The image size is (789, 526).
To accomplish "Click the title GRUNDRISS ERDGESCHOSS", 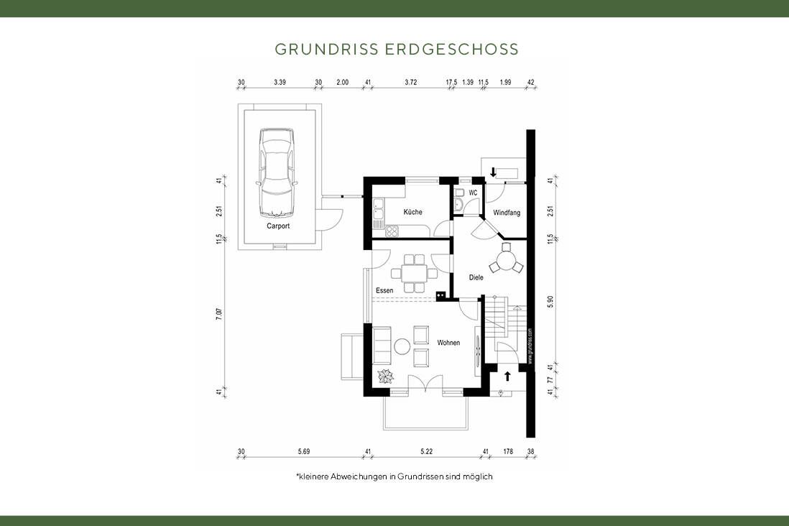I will (x=397, y=50).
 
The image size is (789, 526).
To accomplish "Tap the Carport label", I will (x=278, y=226).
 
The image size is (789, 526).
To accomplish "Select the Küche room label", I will (x=412, y=212).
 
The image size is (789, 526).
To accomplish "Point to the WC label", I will (x=473, y=193).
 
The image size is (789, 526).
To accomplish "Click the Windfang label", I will (x=507, y=213).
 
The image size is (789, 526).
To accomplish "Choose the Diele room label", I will (x=476, y=277).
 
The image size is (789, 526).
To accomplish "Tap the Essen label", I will (x=384, y=290).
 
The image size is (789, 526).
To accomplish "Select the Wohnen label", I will (x=448, y=343).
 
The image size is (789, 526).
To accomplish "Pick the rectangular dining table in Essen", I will (x=413, y=273).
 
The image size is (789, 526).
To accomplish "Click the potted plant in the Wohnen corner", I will (x=386, y=377).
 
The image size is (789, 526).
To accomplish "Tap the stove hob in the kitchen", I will (x=393, y=231).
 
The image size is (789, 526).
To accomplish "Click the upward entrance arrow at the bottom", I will (x=507, y=375).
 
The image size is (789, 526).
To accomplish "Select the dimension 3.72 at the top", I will (x=410, y=83).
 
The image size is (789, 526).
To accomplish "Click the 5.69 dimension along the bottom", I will (x=303, y=451).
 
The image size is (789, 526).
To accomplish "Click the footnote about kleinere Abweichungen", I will (x=394, y=476).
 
